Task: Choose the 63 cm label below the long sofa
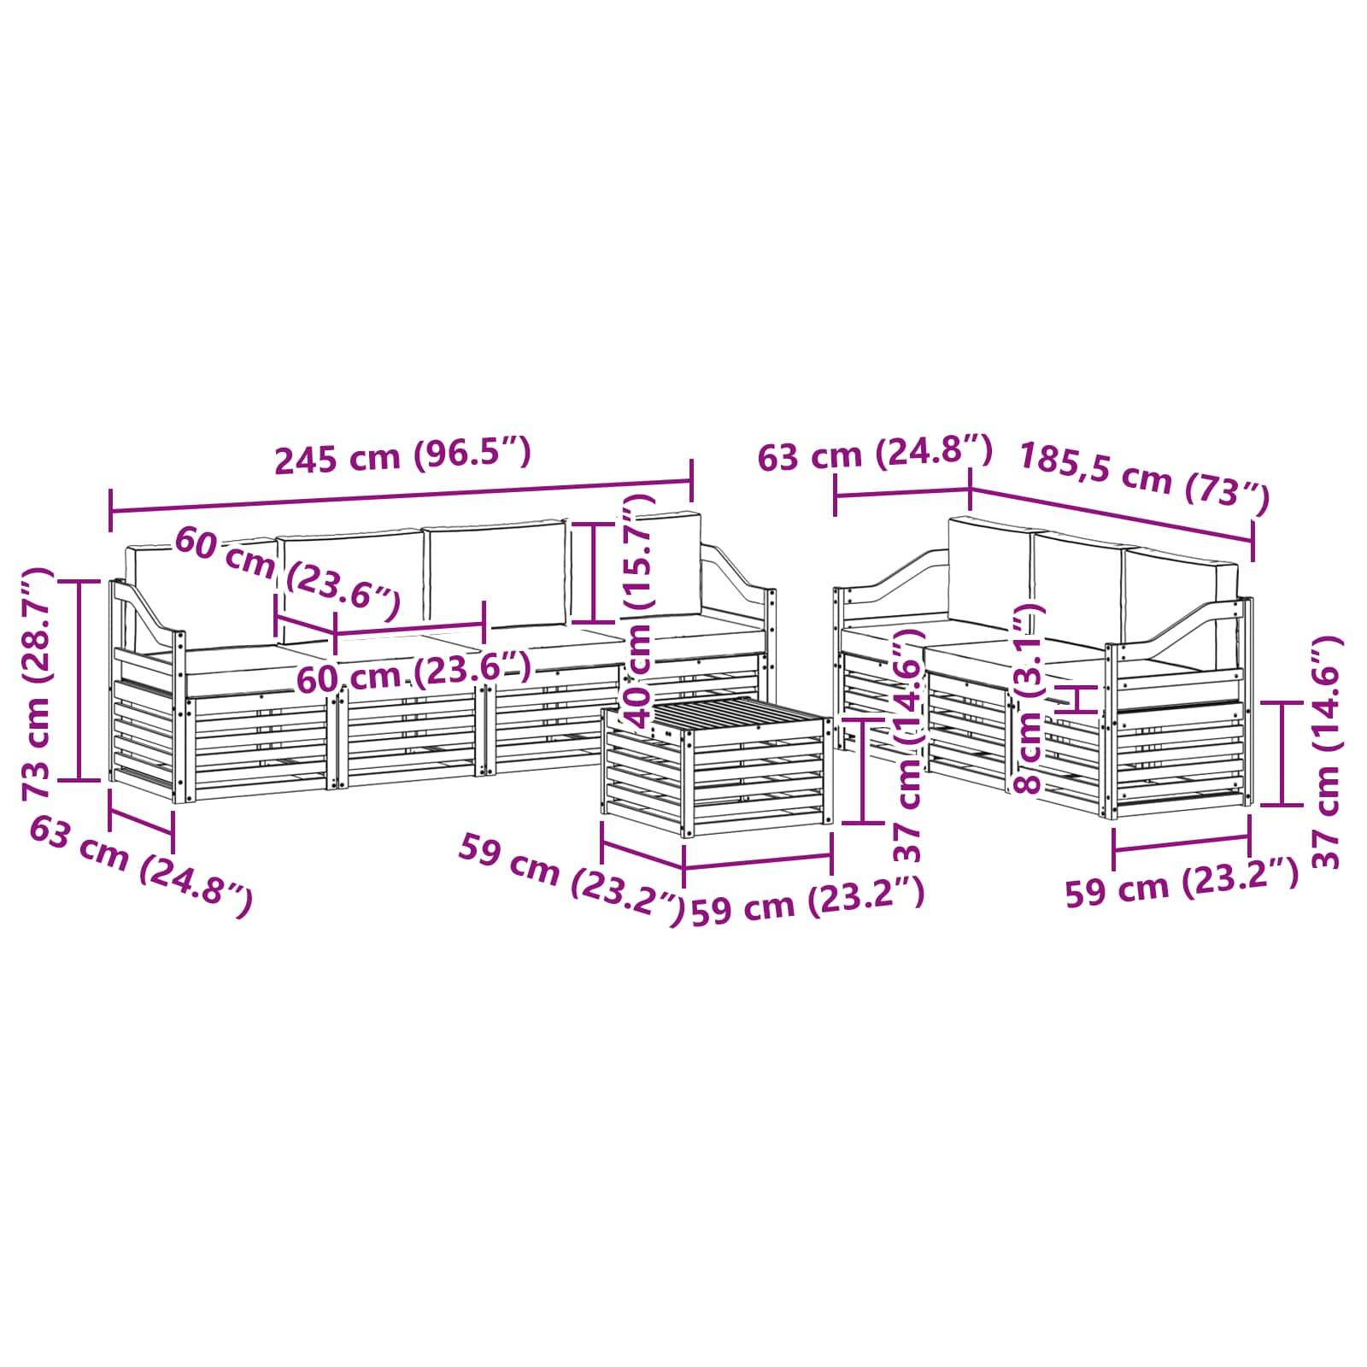pos(141,864)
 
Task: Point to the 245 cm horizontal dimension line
pos(401,498)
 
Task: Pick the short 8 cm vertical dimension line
pos(1081,698)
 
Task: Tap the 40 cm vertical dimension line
pos(595,573)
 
